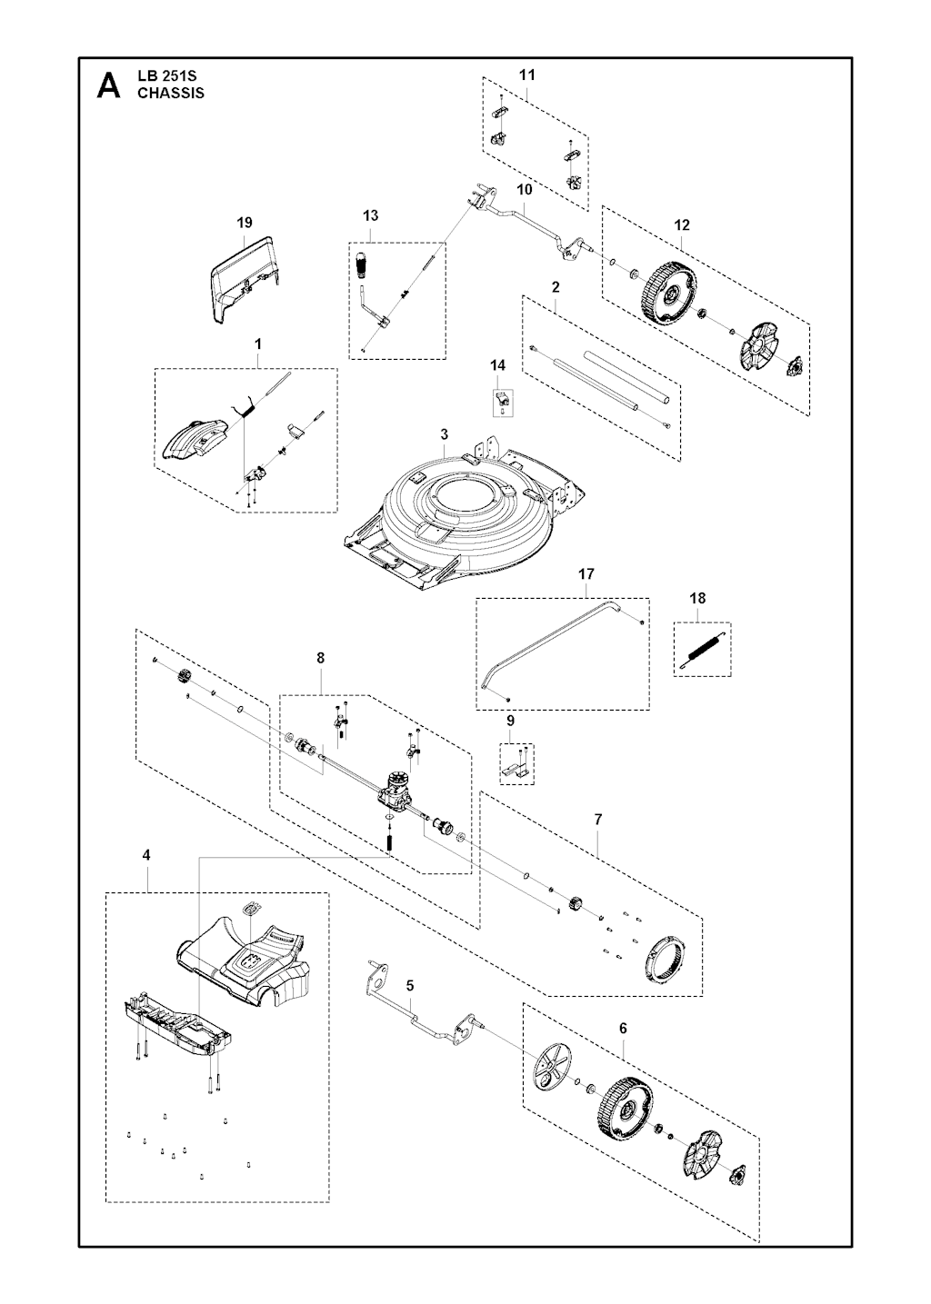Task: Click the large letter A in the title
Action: click(108, 85)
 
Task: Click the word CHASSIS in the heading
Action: click(171, 93)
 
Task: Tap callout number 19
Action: click(244, 223)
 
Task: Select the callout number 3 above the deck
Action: click(444, 433)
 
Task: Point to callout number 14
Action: click(497, 365)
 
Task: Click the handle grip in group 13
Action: click(365, 267)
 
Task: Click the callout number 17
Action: click(586, 574)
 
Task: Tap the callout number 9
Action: click(510, 720)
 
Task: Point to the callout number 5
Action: click(410, 985)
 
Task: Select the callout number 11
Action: click(527, 74)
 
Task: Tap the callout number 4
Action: click(146, 855)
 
